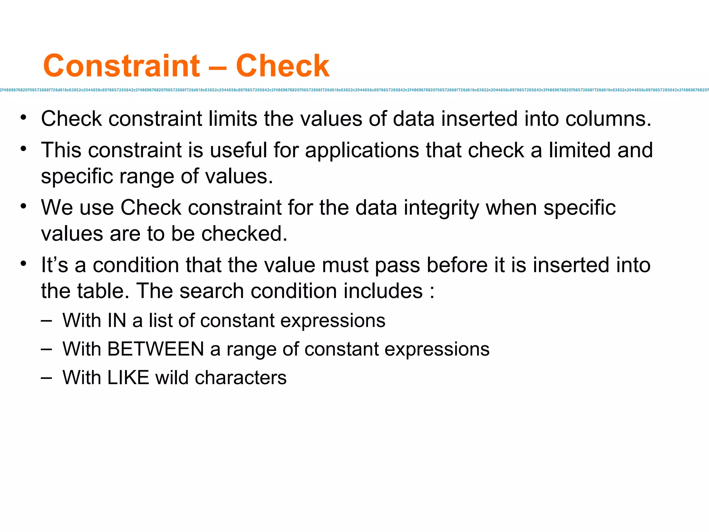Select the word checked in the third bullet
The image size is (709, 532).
point(244,234)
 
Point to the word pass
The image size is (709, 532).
point(397,266)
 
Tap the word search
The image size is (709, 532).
point(212,291)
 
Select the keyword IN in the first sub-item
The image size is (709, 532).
point(117,320)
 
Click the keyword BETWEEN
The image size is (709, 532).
point(156,349)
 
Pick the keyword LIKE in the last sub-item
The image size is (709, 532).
point(128,378)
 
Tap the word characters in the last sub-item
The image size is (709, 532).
point(241,378)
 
